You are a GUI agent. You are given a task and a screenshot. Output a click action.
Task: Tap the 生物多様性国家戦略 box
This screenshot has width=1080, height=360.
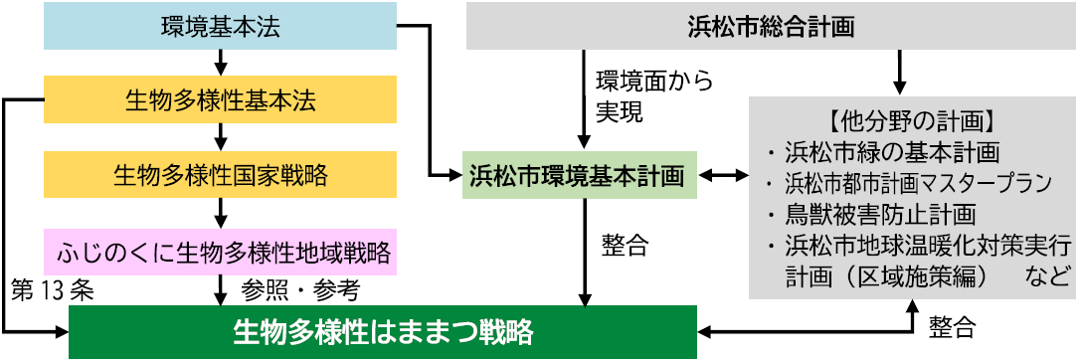click(220, 176)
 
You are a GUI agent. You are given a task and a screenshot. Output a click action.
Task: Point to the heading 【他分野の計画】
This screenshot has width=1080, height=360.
click(912, 126)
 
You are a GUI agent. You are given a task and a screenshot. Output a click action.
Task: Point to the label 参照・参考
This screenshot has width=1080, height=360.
click(299, 290)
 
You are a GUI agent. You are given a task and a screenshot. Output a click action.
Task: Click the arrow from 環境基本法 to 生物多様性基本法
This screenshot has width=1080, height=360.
click(220, 64)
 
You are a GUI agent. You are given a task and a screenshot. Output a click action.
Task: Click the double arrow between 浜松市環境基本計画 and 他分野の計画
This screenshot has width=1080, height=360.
click(724, 176)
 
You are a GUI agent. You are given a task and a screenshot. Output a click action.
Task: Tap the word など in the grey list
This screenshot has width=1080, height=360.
click(1047, 273)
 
